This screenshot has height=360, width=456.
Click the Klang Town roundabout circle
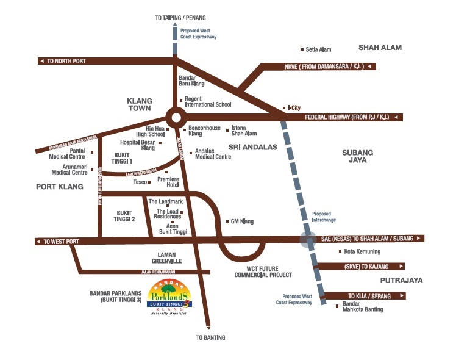point(175,118)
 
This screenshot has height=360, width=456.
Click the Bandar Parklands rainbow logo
point(171,298)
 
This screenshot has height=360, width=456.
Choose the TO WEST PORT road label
point(61,242)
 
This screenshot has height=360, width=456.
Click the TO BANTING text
point(210,337)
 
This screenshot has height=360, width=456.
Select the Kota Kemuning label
point(362,251)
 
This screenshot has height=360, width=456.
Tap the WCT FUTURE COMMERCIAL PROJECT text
point(263,272)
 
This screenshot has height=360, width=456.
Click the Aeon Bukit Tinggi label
point(172,229)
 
